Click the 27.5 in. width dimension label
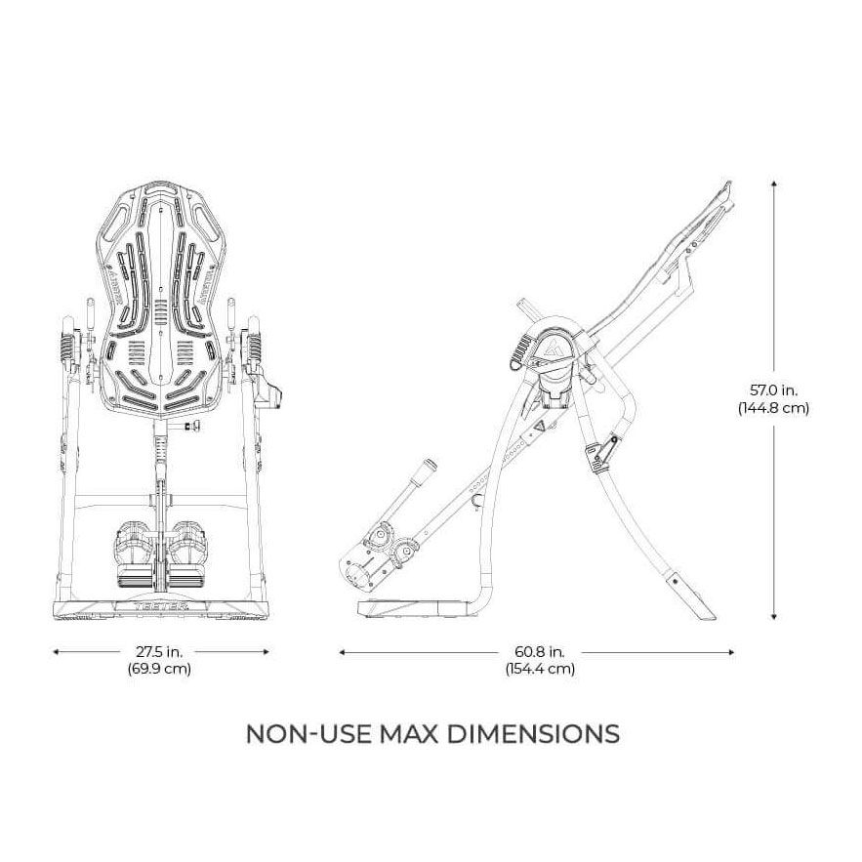(159, 651)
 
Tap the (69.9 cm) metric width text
(159, 669)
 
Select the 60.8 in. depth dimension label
(540, 651)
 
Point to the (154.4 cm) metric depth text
(540, 669)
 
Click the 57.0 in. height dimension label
(773, 390)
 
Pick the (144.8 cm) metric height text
(773, 408)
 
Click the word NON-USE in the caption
(308, 734)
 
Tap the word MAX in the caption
(410, 734)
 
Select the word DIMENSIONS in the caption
(534, 734)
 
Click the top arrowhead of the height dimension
(774, 185)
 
